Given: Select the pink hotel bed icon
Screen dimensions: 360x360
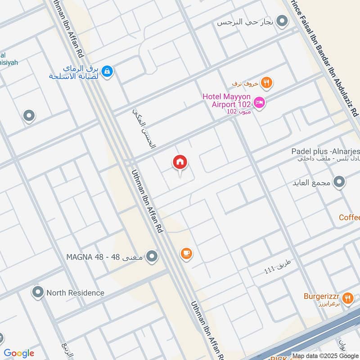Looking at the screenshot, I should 260,103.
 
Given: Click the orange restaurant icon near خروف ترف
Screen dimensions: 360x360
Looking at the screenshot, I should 267,82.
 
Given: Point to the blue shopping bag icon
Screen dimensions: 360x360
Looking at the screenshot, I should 107,71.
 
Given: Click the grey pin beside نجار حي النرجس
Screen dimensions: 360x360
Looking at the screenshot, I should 282,21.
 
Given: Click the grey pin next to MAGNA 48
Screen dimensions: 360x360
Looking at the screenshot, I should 153,256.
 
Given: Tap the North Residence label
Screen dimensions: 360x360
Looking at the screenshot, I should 75,293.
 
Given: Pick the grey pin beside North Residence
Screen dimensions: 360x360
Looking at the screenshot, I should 37,292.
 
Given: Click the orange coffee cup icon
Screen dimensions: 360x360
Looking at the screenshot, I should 186,253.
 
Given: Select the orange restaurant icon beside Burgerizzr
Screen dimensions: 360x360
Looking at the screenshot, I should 347,297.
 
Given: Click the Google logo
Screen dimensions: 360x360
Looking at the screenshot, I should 18,353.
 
